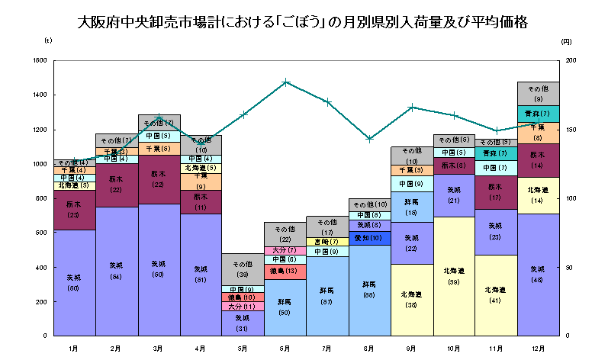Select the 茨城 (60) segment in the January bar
click(74, 283)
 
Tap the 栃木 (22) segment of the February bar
click(117, 185)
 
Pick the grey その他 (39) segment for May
click(243, 269)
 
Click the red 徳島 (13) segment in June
click(285, 272)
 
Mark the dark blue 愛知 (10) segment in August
click(369, 238)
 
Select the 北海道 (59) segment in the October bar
click(454, 277)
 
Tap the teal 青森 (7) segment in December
click(538, 114)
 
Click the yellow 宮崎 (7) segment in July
click(327, 242)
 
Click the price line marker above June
click(285, 82)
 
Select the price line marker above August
click(369, 139)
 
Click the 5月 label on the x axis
click(243, 348)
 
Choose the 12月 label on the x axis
click(538, 348)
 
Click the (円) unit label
click(565, 42)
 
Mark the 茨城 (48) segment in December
click(538, 275)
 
